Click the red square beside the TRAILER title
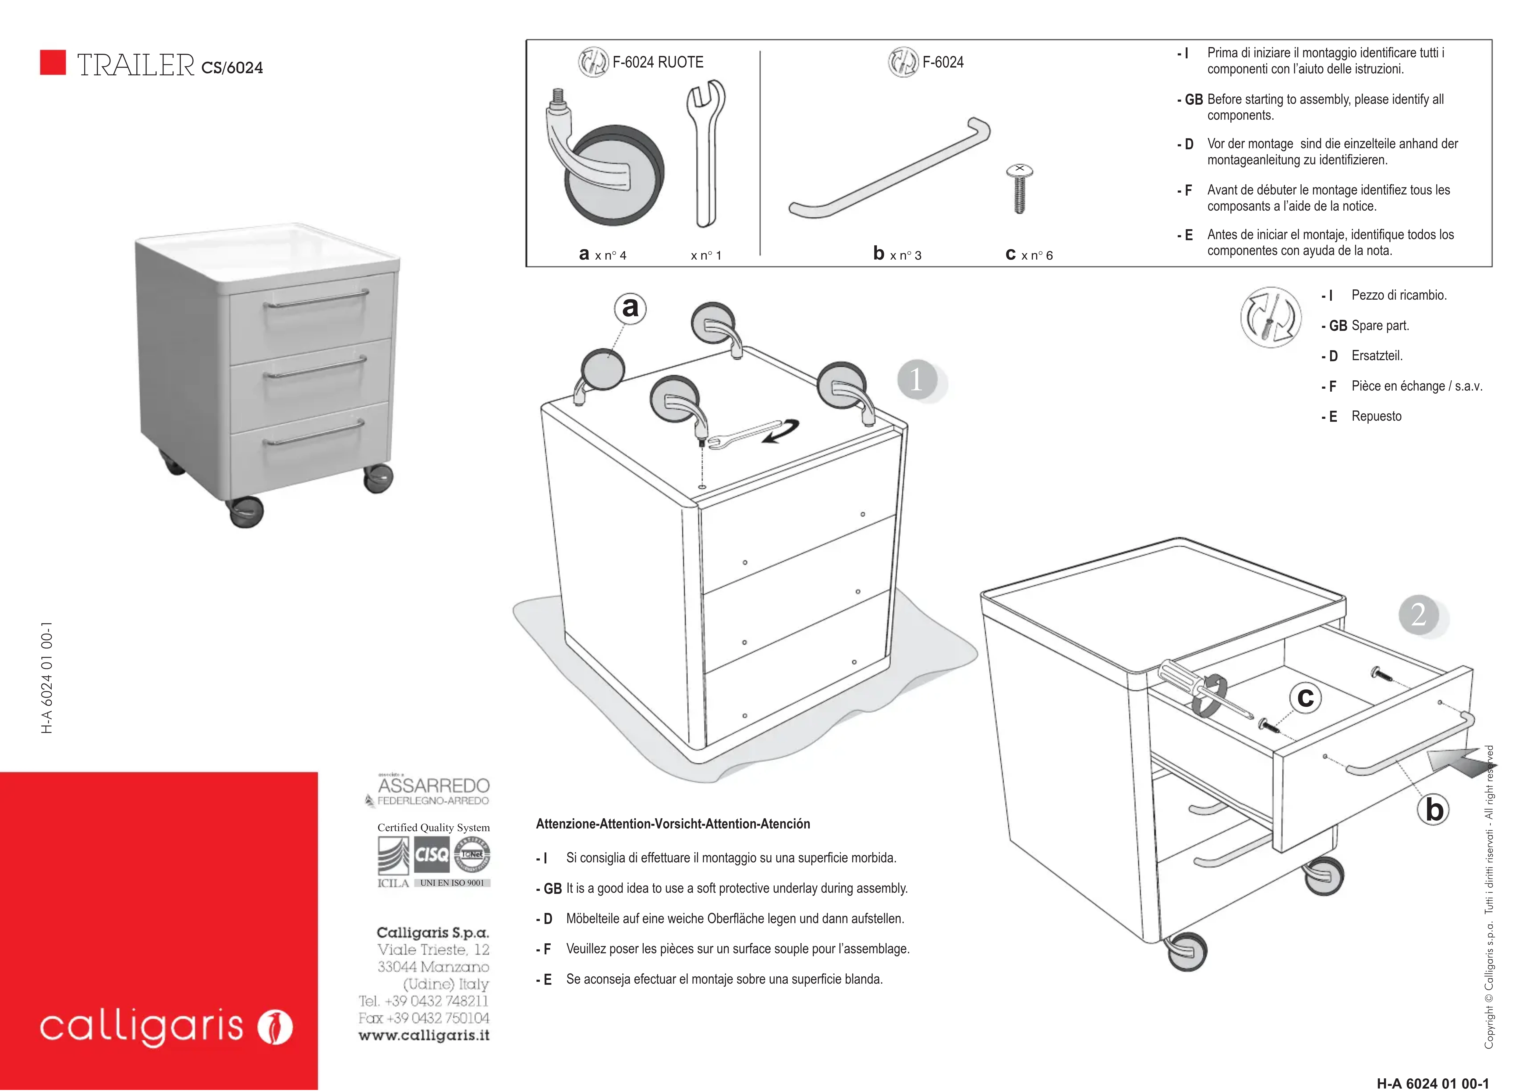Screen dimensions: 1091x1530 [53, 62]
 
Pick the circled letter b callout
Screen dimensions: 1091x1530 [1434, 810]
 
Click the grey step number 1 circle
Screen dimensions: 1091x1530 [917, 380]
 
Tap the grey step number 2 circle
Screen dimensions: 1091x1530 [1419, 614]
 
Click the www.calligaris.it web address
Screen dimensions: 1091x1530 [424, 1035]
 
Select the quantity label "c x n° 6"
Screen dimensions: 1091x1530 [1028, 255]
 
